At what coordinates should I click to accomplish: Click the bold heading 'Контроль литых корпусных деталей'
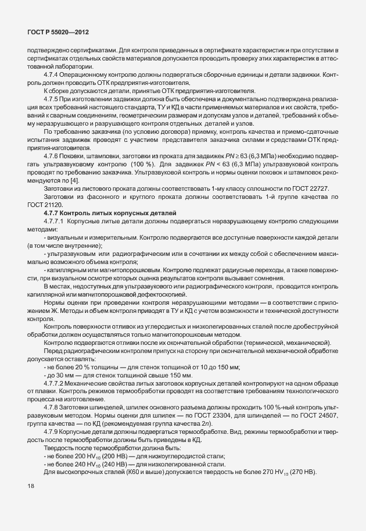[x=121, y=213]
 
